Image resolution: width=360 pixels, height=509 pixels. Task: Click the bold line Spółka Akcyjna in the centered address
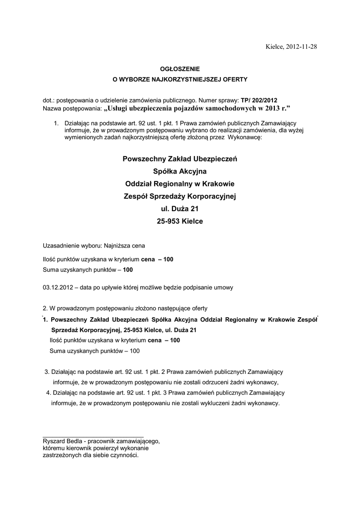coord(180,171)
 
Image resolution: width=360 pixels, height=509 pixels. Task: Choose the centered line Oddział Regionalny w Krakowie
coord(180,184)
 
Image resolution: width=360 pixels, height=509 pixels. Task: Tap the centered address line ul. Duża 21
coord(180,209)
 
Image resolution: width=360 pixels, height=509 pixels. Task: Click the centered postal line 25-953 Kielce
coord(180,221)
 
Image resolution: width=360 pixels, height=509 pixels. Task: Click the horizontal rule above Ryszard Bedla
coord(93,436)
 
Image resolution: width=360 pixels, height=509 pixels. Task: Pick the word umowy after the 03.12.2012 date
coord(222,287)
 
